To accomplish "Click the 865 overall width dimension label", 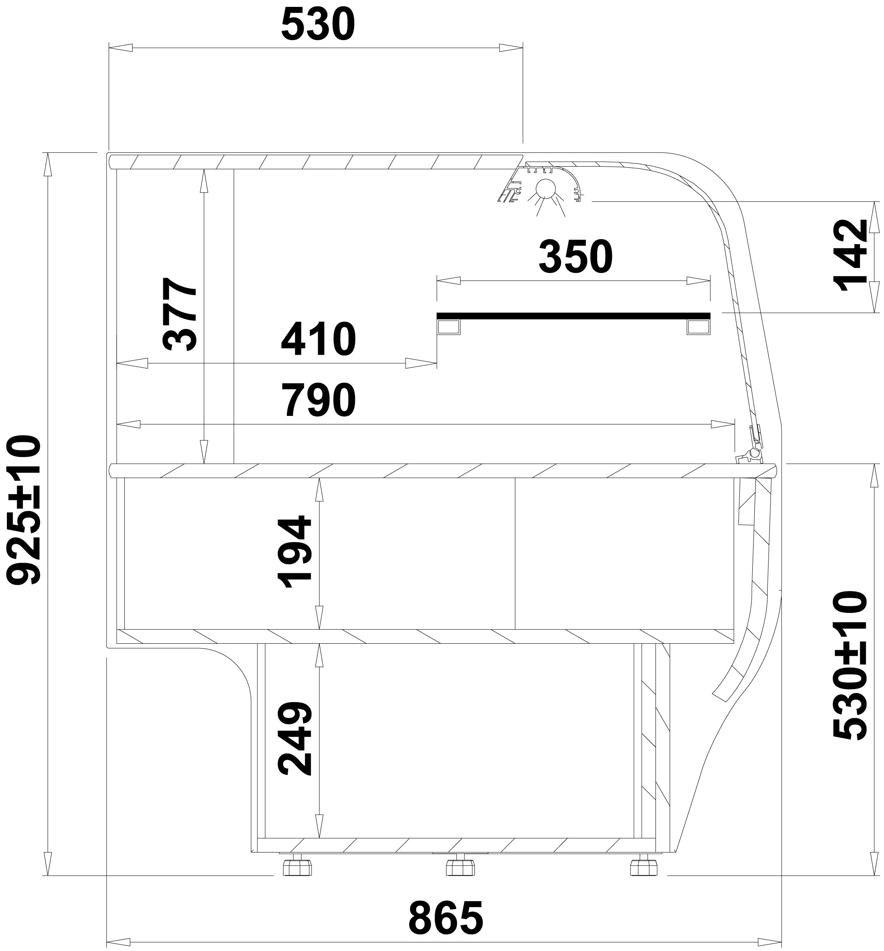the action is coord(446,917).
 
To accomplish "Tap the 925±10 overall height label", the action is coord(23,510).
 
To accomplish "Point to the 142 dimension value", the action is coord(850,255).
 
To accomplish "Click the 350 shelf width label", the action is coord(575,257).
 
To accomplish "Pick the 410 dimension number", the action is coord(318,339).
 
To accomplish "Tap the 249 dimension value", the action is coord(295,739).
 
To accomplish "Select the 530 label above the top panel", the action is coord(318,24).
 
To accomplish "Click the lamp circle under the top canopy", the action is coord(544,188).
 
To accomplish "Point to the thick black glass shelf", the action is coord(573,315).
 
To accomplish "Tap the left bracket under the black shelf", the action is coord(448,327).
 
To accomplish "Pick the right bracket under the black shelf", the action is coord(698,327).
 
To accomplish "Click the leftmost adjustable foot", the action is coord(297,866).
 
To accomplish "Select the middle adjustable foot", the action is coord(460,866).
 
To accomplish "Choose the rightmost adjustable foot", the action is coord(643,866).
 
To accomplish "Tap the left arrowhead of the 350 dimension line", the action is coord(448,281).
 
